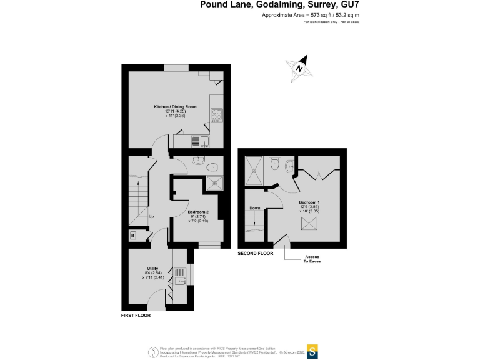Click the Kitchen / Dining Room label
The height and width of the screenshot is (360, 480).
[176, 107]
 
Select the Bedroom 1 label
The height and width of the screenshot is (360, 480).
[309, 203]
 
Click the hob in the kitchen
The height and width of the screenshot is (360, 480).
[217, 114]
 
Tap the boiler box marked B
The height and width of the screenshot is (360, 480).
[132, 235]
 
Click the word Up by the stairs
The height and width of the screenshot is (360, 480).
[151, 217]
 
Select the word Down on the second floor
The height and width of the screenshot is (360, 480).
[255, 208]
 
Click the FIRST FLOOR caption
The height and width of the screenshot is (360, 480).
[136, 316]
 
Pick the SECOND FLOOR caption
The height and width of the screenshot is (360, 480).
[256, 254]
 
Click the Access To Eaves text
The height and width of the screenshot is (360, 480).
[312, 259]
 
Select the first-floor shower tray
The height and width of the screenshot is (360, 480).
[214, 182]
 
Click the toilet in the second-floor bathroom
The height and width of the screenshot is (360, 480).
[275, 164]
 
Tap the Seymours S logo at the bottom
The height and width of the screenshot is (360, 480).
[311, 350]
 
